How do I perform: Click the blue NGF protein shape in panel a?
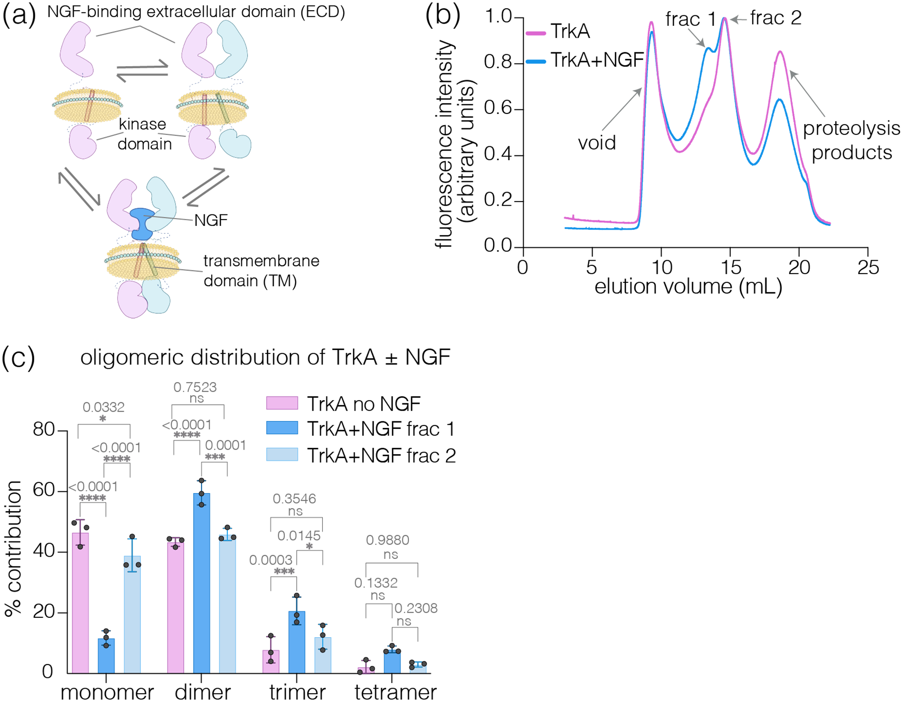click(143, 223)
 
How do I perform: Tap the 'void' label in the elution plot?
click(596, 143)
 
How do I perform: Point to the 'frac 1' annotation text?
click(690, 19)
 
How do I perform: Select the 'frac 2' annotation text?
click(776, 18)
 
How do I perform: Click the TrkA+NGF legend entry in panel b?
click(597, 60)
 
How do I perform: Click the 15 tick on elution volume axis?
click(730, 267)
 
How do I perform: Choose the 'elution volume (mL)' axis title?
click(688, 286)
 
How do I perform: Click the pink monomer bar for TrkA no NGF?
click(81, 602)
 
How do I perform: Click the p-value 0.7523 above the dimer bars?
click(195, 387)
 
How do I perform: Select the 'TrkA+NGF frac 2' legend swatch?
click(282, 454)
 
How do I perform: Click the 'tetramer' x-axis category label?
click(395, 692)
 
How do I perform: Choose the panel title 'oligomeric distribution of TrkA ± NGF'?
click(265, 357)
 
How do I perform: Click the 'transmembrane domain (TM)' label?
click(261, 271)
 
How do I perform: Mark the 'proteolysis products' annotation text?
click(851, 140)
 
